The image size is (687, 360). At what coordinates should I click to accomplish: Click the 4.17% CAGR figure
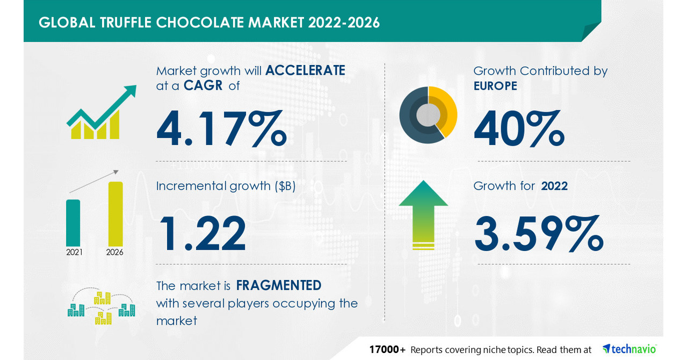[221, 129]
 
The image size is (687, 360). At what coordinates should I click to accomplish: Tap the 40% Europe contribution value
[519, 129]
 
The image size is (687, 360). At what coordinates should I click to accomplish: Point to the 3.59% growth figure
[539, 234]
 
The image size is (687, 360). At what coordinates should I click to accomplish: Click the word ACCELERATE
[305, 70]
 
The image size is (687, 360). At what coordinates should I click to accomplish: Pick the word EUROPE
[495, 86]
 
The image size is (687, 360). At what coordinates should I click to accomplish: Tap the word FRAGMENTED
[278, 285]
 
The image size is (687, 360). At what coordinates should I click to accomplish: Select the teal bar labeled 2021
[73, 222]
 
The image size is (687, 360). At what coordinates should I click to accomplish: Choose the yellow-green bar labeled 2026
[115, 213]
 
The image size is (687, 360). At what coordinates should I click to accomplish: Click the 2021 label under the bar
[74, 252]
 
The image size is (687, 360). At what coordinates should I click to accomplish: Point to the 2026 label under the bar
[115, 252]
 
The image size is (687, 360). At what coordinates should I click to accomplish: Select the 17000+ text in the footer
[387, 350]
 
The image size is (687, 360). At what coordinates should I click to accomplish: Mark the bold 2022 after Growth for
[554, 186]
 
